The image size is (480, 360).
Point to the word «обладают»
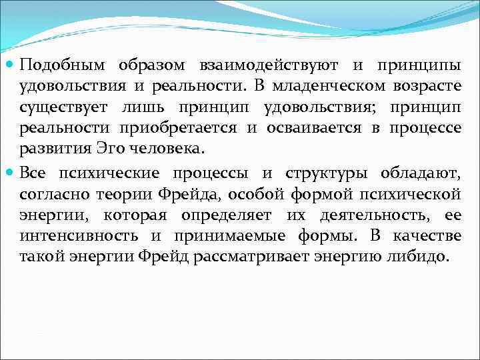(x=420, y=174)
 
